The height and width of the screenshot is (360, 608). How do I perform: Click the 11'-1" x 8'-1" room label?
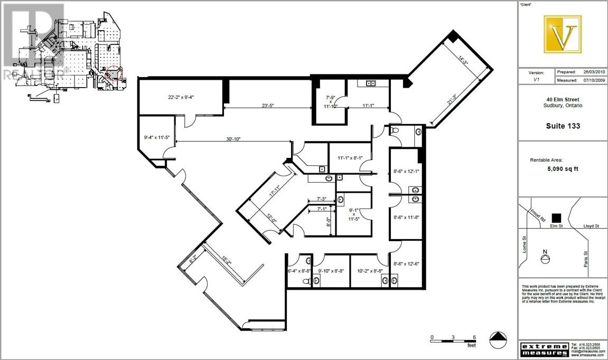pyautogui.click(x=349, y=157)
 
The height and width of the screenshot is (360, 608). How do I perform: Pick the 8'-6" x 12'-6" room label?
pyautogui.click(x=406, y=264)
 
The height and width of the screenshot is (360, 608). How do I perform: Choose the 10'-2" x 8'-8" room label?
pyautogui.click(x=369, y=271)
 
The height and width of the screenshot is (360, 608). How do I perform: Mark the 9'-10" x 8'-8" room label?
pyautogui.click(x=331, y=271)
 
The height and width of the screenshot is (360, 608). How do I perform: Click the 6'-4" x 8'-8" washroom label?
pyautogui.click(x=298, y=271)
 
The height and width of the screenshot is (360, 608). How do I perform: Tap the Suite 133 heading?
pyautogui.click(x=563, y=126)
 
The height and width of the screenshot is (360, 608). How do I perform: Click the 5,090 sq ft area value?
pyautogui.click(x=563, y=170)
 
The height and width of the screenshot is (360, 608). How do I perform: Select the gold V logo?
pyautogui.click(x=563, y=34)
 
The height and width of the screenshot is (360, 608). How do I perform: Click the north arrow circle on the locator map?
pyautogui.click(x=545, y=259)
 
